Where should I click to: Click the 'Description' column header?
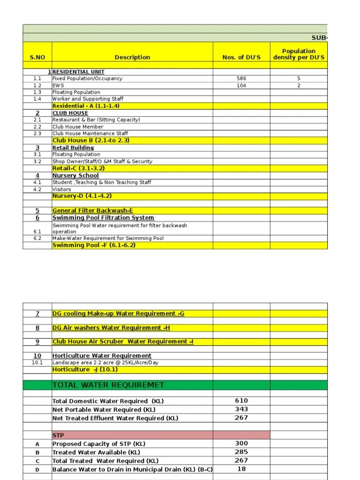click(132, 57)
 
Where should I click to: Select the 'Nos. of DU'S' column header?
click(241, 57)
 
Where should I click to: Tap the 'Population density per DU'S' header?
click(299, 54)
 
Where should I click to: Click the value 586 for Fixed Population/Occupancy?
click(241, 79)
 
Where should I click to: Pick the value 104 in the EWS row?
click(241, 86)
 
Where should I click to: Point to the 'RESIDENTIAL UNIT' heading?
click(78, 72)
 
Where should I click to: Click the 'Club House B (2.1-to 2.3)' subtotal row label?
click(91, 140)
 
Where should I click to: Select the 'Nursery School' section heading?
click(75, 175)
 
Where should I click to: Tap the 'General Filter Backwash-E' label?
click(93, 210)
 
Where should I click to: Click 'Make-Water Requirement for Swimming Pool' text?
click(108, 238)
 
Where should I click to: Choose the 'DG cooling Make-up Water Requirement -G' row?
click(118, 314)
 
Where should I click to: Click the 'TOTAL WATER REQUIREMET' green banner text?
click(108, 385)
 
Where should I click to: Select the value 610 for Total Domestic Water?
click(241, 401)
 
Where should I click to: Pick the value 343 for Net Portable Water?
click(241, 409)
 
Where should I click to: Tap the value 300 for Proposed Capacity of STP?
click(241, 443)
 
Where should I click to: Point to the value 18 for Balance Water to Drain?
click(241, 469)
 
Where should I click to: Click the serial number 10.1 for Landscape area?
click(37, 362)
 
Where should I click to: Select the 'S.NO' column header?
click(37, 57)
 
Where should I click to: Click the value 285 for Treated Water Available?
click(241, 452)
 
